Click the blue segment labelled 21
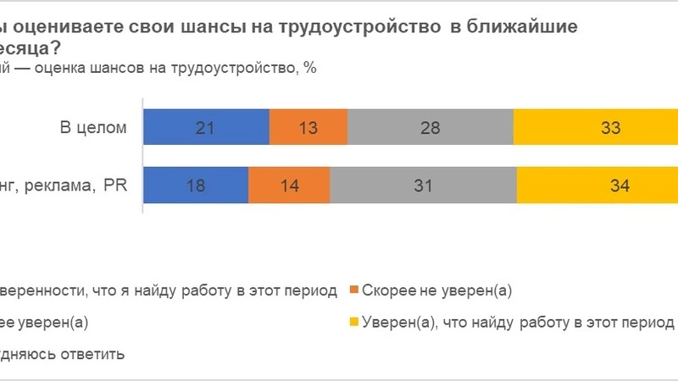[206, 128]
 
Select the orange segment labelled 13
[308, 128]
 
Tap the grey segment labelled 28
[431, 128]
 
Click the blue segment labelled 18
[195, 186]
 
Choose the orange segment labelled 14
[289, 186]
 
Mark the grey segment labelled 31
[424, 186]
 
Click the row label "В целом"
[93, 129]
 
